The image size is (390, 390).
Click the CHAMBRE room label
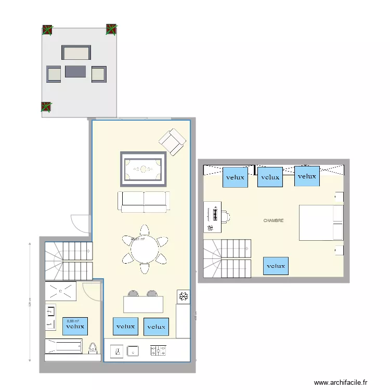[274, 220]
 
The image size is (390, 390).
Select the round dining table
[145, 249]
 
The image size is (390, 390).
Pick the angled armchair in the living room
[172, 141]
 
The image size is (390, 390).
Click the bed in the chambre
[321, 223]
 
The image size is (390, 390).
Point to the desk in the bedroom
[213, 217]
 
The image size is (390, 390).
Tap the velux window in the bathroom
[75, 327]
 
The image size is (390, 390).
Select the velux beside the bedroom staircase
[276, 266]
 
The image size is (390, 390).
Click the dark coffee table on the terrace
[75, 72]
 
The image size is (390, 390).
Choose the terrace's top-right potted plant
[111, 29]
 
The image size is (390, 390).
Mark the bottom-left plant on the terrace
[46, 107]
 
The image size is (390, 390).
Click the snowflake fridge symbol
[183, 297]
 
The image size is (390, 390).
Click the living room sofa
[144, 201]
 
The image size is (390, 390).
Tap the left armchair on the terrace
[54, 74]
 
